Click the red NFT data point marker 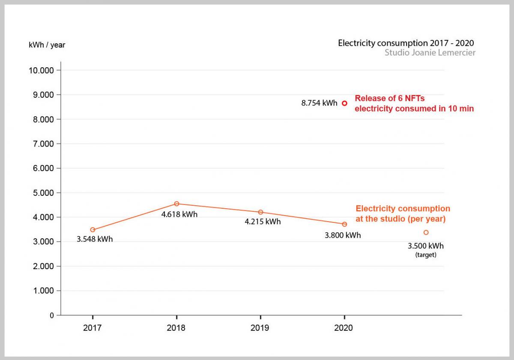(344, 103)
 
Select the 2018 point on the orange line (176, 204)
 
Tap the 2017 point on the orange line (93, 230)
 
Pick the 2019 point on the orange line (260, 212)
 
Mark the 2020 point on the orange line (344, 224)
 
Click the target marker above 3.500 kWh (426, 232)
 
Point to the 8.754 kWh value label (319, 103)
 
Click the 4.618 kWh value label (179, 214)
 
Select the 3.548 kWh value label (95, 239)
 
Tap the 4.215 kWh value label (263, 222)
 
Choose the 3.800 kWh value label (343, 235)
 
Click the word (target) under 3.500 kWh (425, 255)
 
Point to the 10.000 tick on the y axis (42, 70)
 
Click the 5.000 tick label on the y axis (43, 193)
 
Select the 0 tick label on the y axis (52, 315)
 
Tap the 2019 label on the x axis (260, 328)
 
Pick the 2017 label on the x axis (92, 328)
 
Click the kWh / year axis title (47, 45)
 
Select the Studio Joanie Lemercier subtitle (430, 53)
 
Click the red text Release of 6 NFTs (389, 98)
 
